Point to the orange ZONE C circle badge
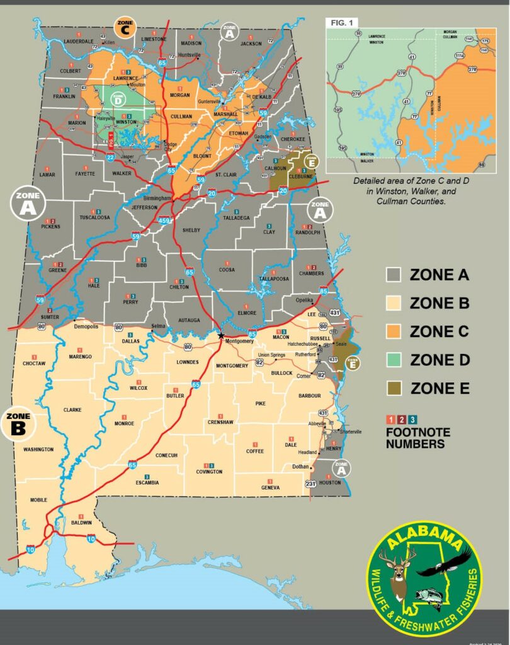123,26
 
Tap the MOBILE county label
38,499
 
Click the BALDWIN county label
81,523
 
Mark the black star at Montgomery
220,336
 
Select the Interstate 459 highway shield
164,220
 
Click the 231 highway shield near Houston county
310,484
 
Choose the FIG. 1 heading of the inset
339,23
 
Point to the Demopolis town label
86,328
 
